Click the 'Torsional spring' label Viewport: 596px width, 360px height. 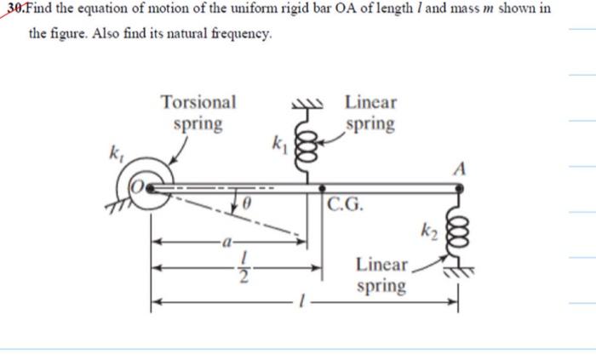[x=198, y=113]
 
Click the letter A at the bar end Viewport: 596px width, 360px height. [x=460, y=168]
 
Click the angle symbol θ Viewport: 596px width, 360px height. [x=246, y=204]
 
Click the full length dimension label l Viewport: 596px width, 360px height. [x=299, y=301]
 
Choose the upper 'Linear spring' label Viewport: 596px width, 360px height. [x=370, y=113]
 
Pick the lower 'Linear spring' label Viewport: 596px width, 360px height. [x=381, y=275]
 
